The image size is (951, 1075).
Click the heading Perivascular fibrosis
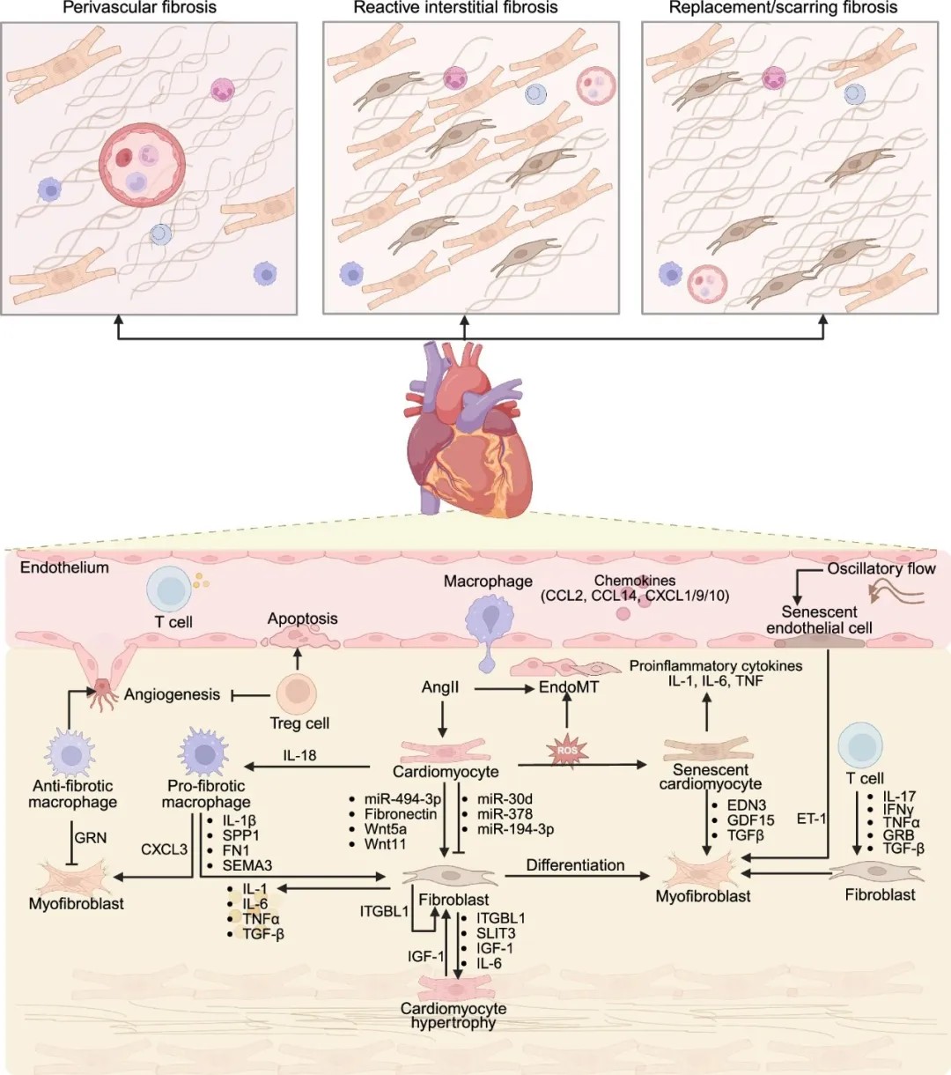pyautogui.click(x=139, y=8)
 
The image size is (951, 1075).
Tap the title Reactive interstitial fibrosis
pyautogui.click(x=455, y=8)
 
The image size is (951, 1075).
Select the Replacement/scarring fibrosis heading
pyautogui.click(x=783, y=8)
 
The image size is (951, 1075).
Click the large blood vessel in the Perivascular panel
pyautogui.click(x=142, y=163)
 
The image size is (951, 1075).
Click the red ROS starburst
pyautogui.click(x=567, y=752)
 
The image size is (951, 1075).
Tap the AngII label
pyautogui.click(x=440, y=687)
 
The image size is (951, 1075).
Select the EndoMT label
pyautogui.click(x=569, y=687)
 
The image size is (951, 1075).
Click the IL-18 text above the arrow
pyautogui.click(x=299, y=755)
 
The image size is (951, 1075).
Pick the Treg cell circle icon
pyautogui.click(x=297, y=693)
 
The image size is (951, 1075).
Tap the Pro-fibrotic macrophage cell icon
pyautogui.click(x=204, y=752)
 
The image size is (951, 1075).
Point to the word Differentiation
pyautogui.click(x=575, y=865)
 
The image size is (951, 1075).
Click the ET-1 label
pyautogui.click(x=811, y=819)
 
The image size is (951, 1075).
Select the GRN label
pyautogui.click(x=91, y=838)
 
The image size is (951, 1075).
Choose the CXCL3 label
pyautogui.click(x=164, y=849)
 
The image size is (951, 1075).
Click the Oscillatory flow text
pyautogui.click(x=881, y=568)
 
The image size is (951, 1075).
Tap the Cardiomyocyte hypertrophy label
pyautogui.click(x=453, y=1015)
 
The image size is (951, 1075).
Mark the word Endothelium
pyautogui.click(x=64, y=567)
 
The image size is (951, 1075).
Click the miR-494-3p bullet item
pyautogui.click(x=402, y=799)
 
